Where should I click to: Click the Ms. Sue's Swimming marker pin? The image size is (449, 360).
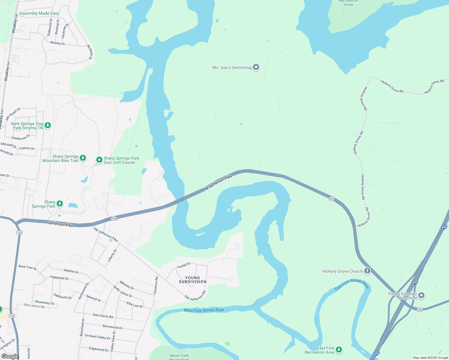tap(256, 67)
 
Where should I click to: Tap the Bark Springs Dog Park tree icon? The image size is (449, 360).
tap(48, 125)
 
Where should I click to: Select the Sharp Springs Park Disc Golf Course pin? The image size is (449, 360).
tap(99, 160)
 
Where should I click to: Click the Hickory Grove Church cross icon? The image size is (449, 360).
tap(367, 271)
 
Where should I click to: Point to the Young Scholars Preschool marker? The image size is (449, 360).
tap(421, 295)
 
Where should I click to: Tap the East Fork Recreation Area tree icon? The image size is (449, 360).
tap(339, 349)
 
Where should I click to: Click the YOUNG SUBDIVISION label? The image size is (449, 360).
tap(193, 280)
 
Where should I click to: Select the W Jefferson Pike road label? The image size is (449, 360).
tap(218, 183)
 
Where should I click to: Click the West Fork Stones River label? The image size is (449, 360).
tap(204, 310)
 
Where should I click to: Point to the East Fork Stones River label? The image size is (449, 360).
tap(351, 284)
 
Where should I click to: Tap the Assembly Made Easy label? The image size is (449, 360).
tap(39, 13)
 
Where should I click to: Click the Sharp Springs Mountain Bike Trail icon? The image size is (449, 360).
tap(83, 158)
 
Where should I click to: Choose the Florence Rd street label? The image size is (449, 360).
tap(156, 285)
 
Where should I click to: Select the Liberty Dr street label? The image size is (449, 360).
tap(112, 255)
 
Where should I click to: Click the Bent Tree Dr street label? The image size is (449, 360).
tap(27, 267)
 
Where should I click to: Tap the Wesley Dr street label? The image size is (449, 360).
tap(57, 43)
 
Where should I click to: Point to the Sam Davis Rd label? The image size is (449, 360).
tap(103, 316)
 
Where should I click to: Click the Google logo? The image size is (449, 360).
tap(10, 356)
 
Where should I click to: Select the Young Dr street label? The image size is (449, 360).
tap(183, 265)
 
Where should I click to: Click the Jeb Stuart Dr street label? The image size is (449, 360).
tap(13, 114)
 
